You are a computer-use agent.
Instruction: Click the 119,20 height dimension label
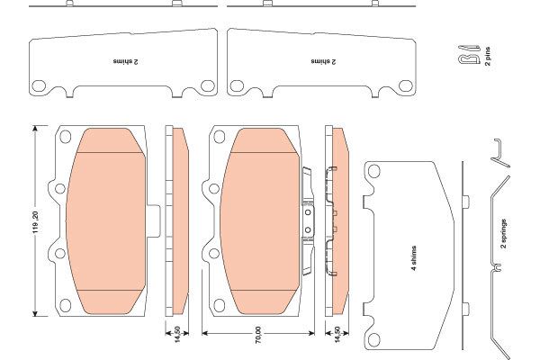point(36,222)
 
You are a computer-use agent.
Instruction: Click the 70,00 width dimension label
point(258,335)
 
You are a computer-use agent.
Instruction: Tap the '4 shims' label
point(414,258)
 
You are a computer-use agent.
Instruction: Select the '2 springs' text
point(504,234)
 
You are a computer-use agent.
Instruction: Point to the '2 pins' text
point(488,56)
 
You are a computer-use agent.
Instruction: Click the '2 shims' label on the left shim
point(125,62)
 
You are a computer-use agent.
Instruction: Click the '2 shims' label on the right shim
point(323,62)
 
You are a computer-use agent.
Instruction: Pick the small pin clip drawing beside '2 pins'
point(469,55)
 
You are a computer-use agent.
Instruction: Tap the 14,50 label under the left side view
point(177,335)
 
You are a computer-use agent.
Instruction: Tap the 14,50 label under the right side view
point(337,335)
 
